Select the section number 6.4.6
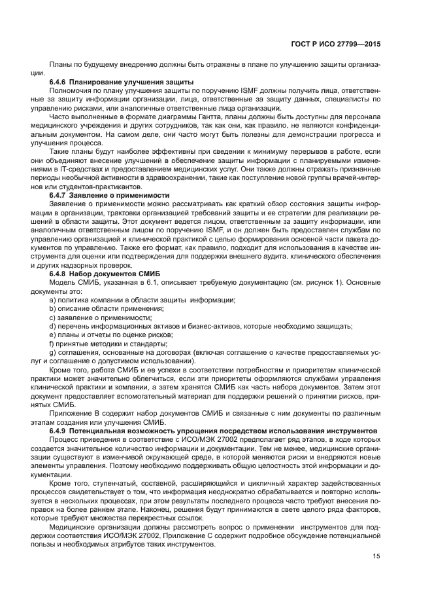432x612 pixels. click(x=60, y=82)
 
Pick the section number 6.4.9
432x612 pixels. click(x=60, y=430)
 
